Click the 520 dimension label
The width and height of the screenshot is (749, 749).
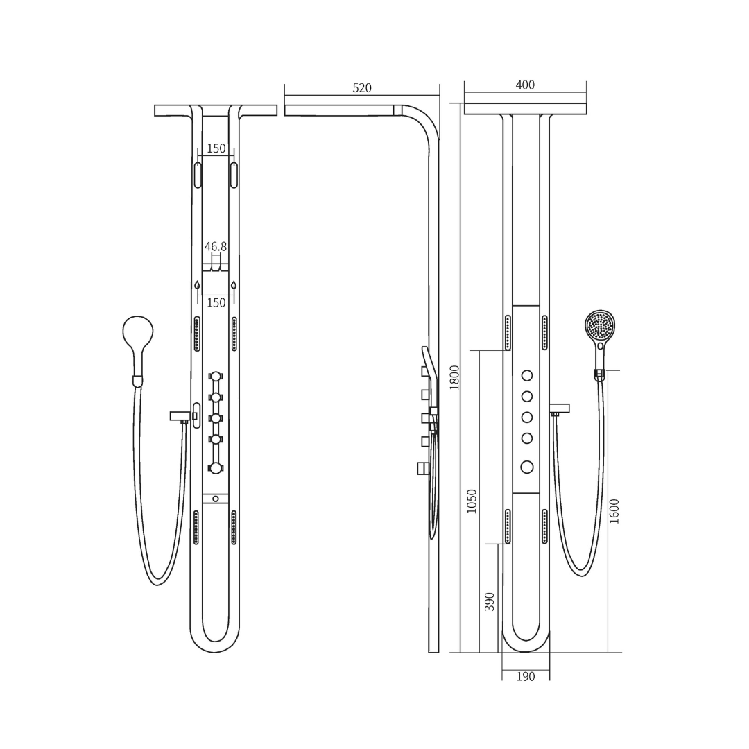pyautogui.click(x=361, y=88)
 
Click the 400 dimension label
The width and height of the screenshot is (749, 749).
pyautogui.click(x=525, y=85)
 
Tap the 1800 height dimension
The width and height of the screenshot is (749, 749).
pyautogui.click(x=454, y=377)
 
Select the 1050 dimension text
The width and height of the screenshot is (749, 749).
pyautogui.click(x=472, y=501)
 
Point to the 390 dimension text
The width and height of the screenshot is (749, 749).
pyautogui.click(x=490, y=602)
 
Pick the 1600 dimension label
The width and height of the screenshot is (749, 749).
pyautogui.click(x=614, y=511)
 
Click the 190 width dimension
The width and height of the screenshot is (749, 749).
pyautogui.click(x=526, y=676)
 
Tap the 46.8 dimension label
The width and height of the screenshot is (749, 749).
pyautogui.click(x=216, y=246)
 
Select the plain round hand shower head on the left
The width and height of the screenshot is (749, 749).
pyautogui.click(x=138, y=331)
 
